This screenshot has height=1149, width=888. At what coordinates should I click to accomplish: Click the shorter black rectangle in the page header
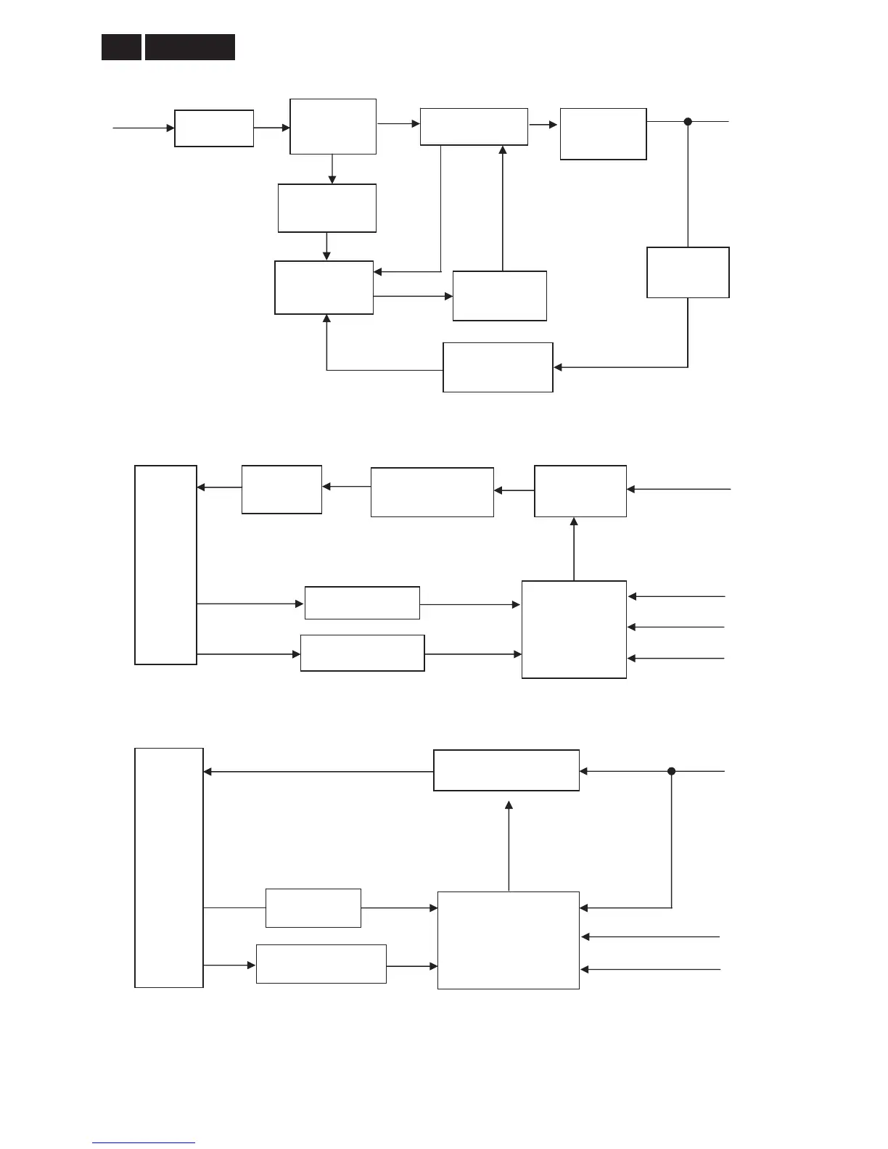(121, 47)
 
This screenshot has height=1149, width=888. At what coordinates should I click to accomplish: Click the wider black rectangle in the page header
(190, 47)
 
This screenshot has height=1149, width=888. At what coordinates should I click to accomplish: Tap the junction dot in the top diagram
(688, 122)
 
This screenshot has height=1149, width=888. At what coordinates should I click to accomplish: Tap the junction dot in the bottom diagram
(671, 771)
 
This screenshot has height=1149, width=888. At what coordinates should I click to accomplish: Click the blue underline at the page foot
(144, 1142)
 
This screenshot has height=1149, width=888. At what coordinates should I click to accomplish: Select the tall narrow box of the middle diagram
(165, 564)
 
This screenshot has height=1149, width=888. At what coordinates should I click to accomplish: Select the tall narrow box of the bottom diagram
(169, 868)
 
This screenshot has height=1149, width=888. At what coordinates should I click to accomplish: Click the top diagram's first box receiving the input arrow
(214, 128)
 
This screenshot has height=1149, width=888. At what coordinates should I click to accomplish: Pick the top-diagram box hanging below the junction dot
(688, 272)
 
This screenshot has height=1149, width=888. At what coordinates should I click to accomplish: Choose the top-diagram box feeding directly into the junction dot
(603, 133)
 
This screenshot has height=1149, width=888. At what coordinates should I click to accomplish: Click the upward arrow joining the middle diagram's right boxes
(574, 548)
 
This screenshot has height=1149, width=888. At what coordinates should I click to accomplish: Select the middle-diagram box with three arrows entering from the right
(574, 629)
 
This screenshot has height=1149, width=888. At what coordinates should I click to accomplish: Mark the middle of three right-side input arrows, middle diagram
(676, 627)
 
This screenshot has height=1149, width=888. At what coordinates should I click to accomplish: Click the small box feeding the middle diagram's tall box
(281, 490)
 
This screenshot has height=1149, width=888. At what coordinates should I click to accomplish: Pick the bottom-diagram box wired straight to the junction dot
(506, 770)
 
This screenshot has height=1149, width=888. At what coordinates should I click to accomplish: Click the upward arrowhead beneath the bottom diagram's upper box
(509, 805)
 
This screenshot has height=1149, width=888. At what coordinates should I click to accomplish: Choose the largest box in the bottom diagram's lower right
(508, 940)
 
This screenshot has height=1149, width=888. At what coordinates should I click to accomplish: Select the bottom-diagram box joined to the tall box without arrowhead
(313, 907)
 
